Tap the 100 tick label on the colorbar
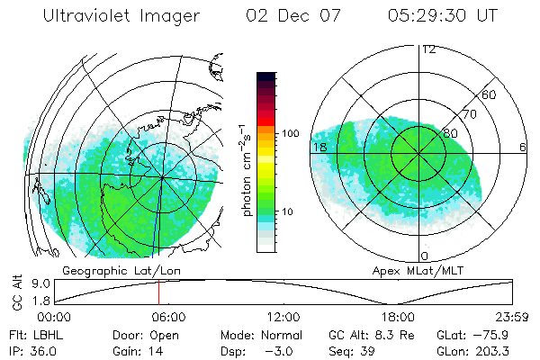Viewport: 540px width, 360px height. (x=290, y=133)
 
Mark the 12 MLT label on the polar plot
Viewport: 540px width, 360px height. (x=428, y=49)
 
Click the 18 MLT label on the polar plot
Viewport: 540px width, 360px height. (x=319, y=147)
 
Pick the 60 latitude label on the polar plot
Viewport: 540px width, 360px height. (x=489, y=94)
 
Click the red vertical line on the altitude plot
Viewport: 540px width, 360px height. (x=158, y=292)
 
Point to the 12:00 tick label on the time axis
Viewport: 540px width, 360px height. (x=283, y=316)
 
